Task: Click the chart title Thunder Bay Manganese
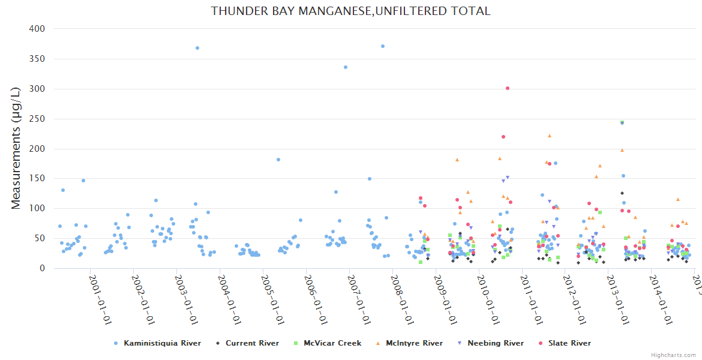click(350, 11)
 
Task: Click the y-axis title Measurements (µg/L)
click(16, 148)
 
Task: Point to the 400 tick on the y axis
click(37, 29)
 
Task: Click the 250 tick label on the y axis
click(37, 119)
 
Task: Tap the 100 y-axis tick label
click(37, 209)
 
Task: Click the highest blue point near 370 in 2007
click(383, 46)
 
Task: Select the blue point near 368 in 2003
click(197, 48)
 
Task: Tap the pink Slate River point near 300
click(508, 88)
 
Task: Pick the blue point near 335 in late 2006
click(345, 67)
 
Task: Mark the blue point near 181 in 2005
click(278, 160)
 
